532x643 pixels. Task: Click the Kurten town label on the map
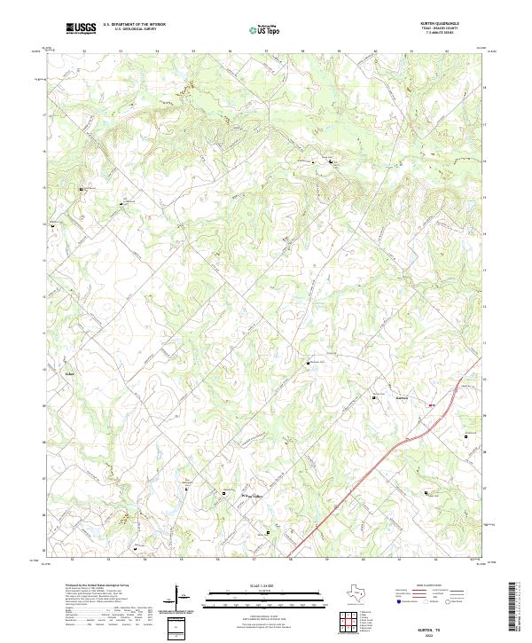(402, 398)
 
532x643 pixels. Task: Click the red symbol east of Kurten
(432, 405)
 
